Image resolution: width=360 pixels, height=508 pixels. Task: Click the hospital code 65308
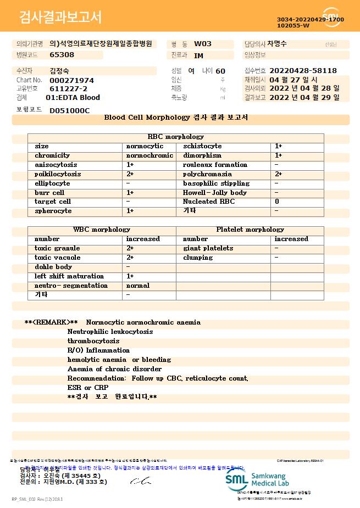point(62,55)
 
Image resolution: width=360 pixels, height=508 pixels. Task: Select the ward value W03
point(203,44)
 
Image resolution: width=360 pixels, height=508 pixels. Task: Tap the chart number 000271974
point(71,80)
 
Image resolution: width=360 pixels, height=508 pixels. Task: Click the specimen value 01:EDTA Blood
point(73,98)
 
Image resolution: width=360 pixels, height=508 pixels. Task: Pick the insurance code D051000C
point(69,110)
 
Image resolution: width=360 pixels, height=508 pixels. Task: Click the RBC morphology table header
point(176,137)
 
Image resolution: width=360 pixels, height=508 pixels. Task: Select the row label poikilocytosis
point(58,174)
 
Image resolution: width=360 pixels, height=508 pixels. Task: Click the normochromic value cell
point(149,155)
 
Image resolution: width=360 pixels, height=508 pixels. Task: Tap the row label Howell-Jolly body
point(215,193)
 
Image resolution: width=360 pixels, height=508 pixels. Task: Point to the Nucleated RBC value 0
point(277,202)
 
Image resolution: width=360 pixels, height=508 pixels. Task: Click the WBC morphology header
point(102,230)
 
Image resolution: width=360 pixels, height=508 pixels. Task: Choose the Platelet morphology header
point(250,230)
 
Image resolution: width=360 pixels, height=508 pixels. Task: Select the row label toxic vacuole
point(58,258)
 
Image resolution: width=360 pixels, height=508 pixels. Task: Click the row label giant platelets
point(208,248)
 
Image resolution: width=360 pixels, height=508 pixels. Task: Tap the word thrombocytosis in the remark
point(93,341)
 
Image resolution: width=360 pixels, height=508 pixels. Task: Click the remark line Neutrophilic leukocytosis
point(110,332)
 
